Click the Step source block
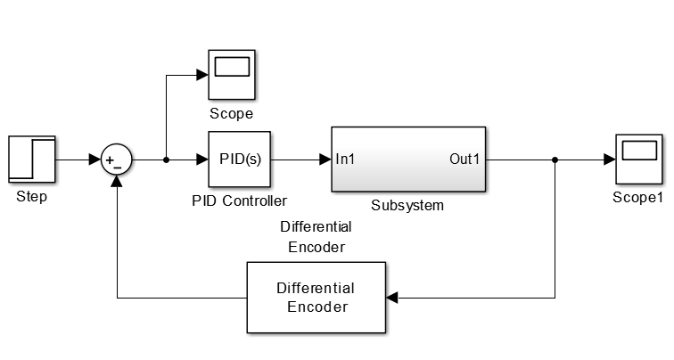click(x=32, y=160)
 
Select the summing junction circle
click(x=117, y=160)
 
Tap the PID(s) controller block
click(x=240, y=160)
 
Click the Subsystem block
click(x=409, y=160)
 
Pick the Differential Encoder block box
click(x=316, y=298)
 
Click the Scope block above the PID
click(x=232, y=76)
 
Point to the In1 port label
click(x=347, y=160)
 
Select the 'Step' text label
click(x=32, y=197)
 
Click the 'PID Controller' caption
click(x=240, y=200)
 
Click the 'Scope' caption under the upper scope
click(x=232, y=114)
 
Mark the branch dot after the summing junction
click(x=167, y=160)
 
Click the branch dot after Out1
click(x=555, y=160)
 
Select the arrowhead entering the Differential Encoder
click(x=393, y=298)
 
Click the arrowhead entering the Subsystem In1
click(x=326, y=160)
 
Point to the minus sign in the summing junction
click(x=119, y=168)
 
